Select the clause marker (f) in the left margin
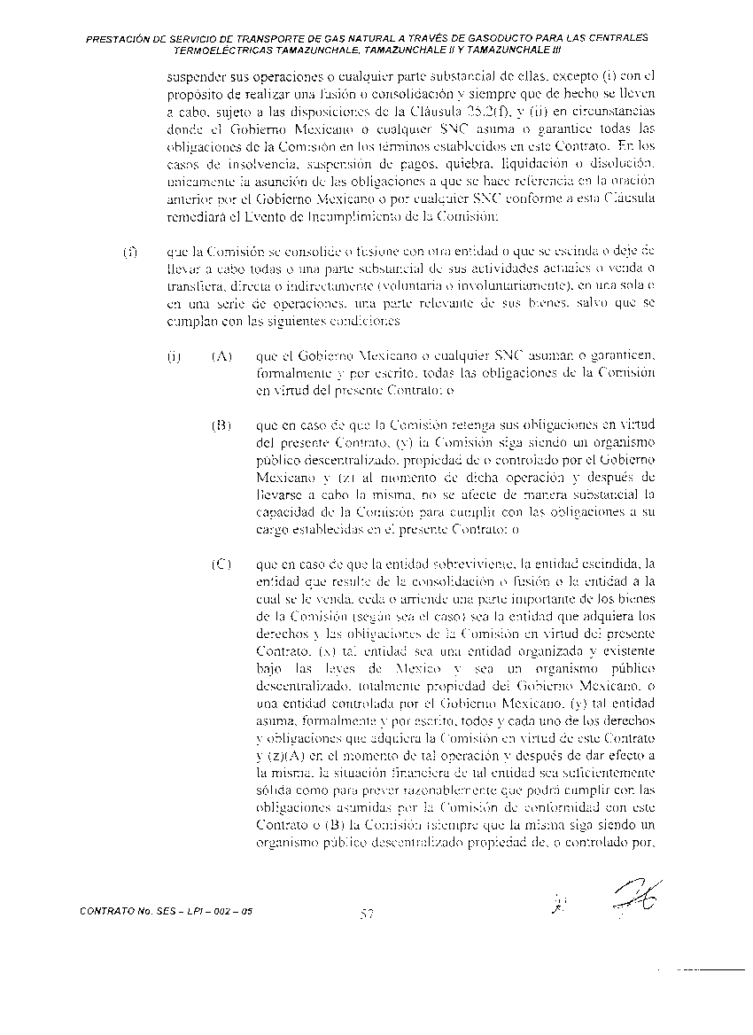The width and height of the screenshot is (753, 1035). (128, 252)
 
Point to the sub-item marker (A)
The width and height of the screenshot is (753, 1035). (221, 357)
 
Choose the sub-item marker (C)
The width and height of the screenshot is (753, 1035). (221, 563)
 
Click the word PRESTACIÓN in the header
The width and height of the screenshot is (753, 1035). (121, 39)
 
